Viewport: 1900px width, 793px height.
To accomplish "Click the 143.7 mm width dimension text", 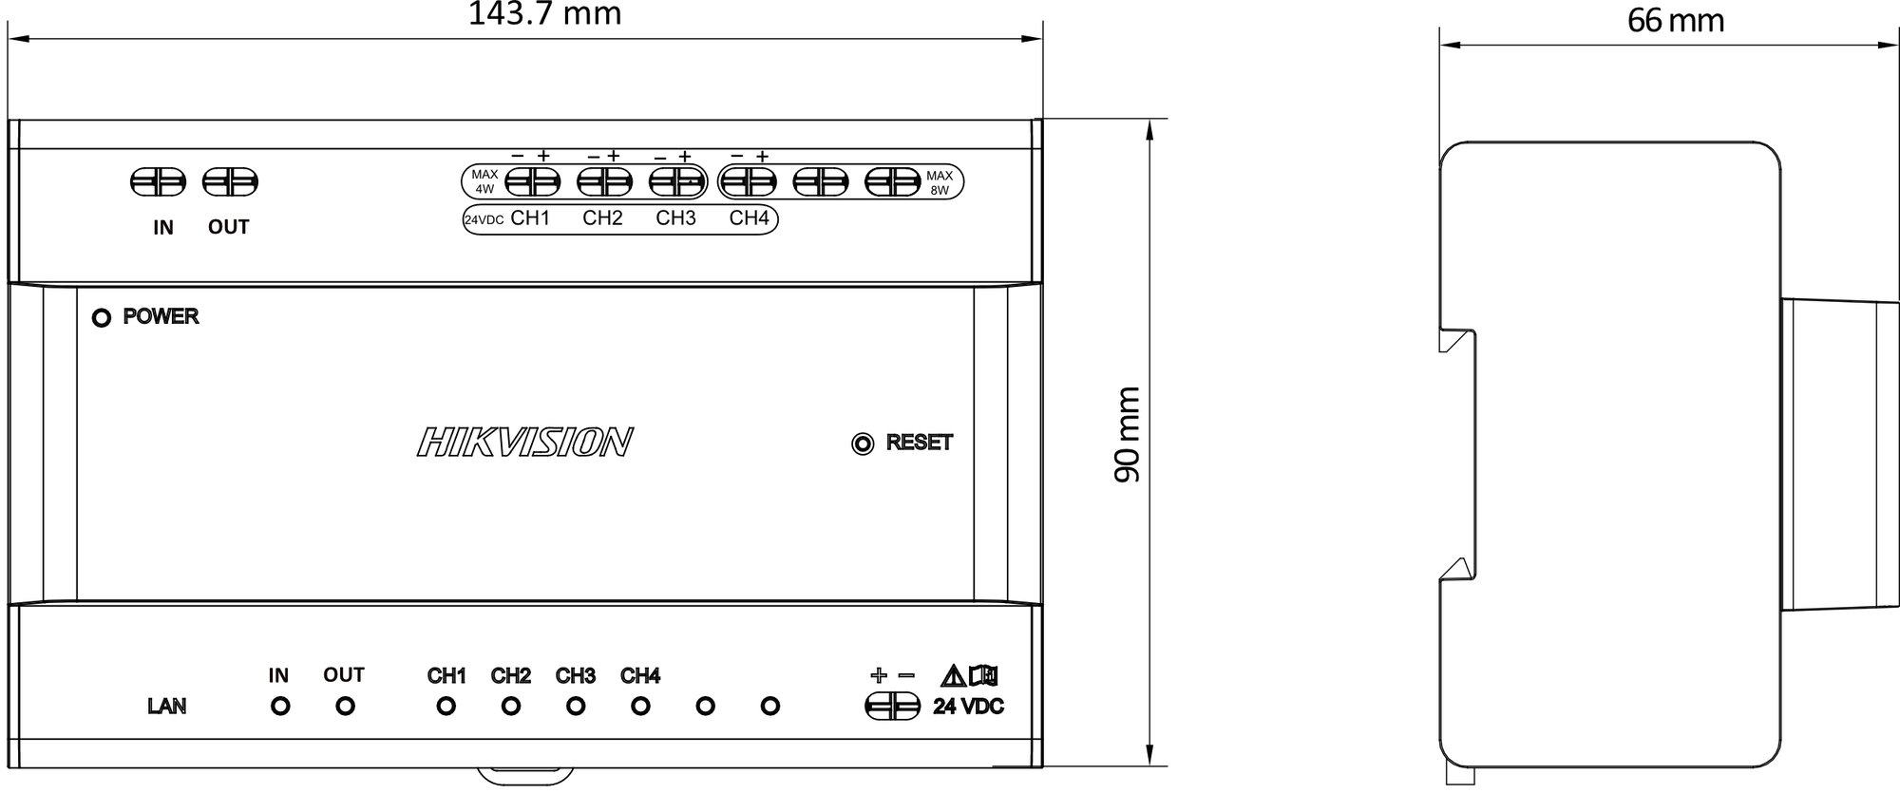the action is pos(544,14).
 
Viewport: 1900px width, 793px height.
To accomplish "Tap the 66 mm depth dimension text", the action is pos(1675,21).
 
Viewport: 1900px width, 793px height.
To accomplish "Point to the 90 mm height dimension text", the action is pos(1127,434).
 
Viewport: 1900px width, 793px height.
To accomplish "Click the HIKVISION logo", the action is pos(524,442).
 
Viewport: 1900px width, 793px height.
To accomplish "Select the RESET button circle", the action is pos(863,444).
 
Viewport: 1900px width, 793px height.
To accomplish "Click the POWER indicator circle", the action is pos(101,318).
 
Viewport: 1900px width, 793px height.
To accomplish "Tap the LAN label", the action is pos(167,707).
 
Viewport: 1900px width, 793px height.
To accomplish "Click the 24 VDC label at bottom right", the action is pos(968,707).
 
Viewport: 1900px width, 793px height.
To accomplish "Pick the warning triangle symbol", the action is pos(953,676).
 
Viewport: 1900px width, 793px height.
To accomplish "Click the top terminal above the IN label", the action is pos(157,181).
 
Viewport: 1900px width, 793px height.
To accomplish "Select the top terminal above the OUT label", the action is pos(231,181).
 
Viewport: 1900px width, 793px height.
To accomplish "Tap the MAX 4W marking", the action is pos(484,181).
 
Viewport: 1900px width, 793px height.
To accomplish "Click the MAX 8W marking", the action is pos(940,182).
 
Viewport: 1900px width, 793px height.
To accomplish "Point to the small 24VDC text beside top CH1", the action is pos(484,220).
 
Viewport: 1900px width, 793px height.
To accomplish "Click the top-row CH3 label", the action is pos(675,218).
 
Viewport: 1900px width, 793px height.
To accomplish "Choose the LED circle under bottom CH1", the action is pos(446,707).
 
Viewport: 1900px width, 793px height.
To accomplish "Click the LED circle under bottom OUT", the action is pos(346,707).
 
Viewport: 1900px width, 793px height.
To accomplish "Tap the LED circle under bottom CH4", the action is pos(640,707).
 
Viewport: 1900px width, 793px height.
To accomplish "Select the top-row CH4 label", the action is pos(749,218).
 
